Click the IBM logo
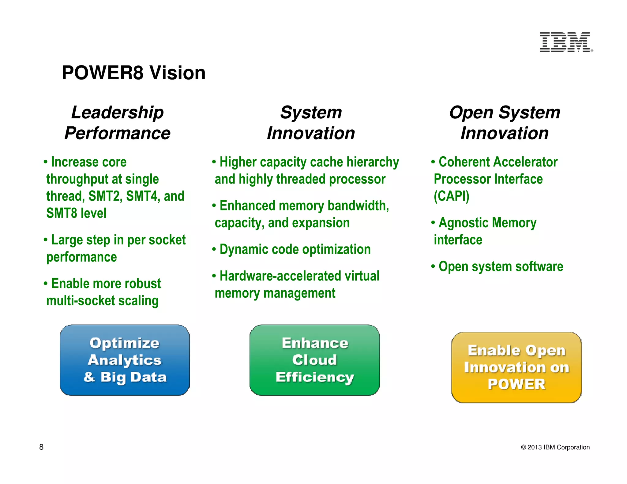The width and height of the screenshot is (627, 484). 565,42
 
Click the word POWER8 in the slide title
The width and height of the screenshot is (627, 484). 103,73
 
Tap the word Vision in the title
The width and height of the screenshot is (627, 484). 177,73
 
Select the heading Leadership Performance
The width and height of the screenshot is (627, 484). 118,123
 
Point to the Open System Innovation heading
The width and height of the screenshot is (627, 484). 505,123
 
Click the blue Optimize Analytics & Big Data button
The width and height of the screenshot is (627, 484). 125,360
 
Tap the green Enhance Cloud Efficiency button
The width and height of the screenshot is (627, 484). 315,360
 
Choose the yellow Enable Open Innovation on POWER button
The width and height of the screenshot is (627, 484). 516,367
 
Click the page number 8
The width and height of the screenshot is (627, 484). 41,447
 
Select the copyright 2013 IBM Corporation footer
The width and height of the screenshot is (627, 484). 555,447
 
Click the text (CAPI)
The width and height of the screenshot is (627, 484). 452,196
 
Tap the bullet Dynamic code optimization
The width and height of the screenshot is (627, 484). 295,249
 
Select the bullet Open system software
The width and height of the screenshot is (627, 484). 501,266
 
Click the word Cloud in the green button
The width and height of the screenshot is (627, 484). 314,360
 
